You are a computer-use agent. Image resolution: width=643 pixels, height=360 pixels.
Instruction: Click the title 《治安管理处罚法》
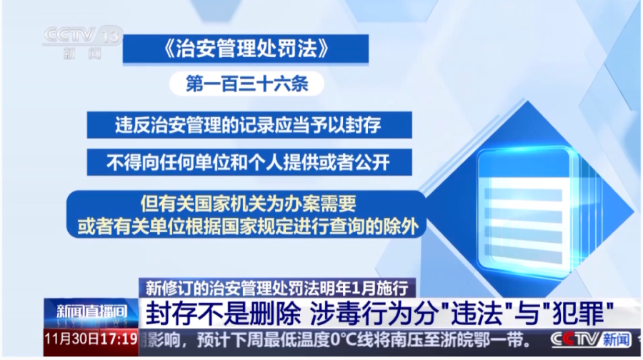click(x=246, y=49)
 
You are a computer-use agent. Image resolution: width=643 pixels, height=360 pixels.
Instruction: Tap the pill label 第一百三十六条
click(x=247, y=84)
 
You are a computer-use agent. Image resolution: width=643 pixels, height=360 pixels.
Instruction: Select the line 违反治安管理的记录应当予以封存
click(x=248, y=125)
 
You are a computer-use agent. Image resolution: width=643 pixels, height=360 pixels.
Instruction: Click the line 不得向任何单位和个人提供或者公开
click(x=248, y=162)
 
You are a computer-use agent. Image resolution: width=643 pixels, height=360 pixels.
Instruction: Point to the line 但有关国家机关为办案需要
click(x=248, y=204)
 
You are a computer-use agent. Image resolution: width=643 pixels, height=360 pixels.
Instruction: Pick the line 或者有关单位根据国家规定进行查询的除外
click(x=248, y=226)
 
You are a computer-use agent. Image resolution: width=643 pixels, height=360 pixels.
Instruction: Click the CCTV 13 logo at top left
click(x=82, y=42)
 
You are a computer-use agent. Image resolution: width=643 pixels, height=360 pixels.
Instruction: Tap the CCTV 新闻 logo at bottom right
click(x=591, y=340)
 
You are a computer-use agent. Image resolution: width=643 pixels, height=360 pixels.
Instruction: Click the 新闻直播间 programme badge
click(x=91, y=312)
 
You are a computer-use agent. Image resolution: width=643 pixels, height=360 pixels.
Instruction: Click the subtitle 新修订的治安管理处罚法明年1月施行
click(x=276, y=288)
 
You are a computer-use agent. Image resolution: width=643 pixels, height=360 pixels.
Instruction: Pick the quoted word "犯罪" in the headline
click(x=582, y=314)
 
